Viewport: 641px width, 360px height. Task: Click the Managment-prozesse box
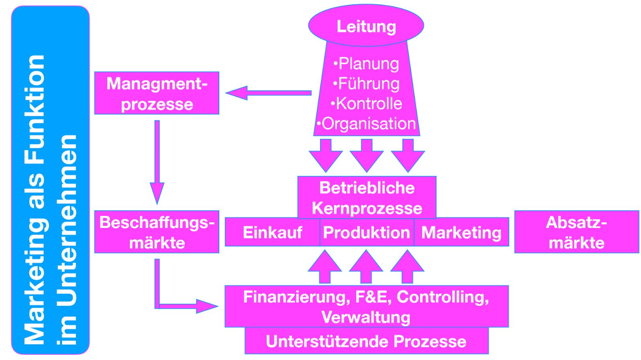tap(157, 93)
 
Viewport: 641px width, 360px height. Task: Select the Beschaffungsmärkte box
tap(157, 232)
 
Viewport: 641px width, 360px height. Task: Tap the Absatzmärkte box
tap(576, 232)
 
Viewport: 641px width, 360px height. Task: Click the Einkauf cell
tap(272, 232)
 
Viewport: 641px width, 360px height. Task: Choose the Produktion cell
tap(366, 232)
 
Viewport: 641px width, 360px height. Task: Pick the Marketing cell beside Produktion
tap(461, 232)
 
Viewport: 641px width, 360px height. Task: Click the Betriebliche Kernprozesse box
tap(367, 197)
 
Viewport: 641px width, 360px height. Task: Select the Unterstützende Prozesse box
tap(366, 342)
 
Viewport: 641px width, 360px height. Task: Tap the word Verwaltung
tap(366, 317)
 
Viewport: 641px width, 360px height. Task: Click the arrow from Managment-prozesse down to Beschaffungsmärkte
tap(157, 161)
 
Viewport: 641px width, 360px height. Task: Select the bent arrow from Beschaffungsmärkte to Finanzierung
tap(177, 306)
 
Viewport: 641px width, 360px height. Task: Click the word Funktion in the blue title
tap(35, 108)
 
